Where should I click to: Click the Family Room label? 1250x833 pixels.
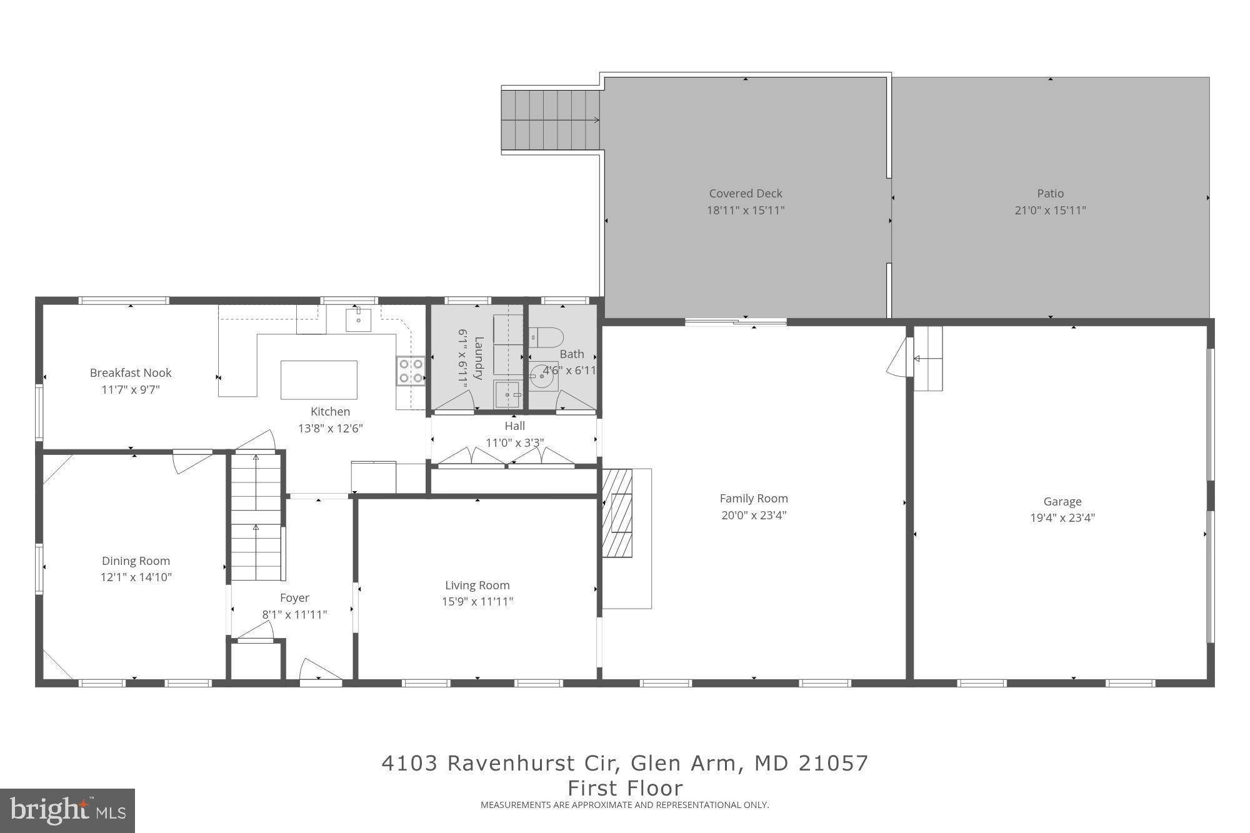tap(753, 499)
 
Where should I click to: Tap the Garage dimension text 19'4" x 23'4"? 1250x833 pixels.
tap(1062, 518)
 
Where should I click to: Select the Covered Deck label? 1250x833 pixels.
tap(745, 194)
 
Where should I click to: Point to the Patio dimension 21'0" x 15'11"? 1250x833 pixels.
tap(1050, 211)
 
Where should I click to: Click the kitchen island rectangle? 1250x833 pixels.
tap(319, 380)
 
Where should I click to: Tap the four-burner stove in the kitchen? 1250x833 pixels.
tap(411, 371)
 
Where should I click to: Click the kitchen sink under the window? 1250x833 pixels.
tap(358, 320)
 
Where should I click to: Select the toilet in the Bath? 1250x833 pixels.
tap(546, 337)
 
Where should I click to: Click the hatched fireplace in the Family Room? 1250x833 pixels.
tap(617, 513)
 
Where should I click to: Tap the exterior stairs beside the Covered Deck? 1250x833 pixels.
tap(551, 121)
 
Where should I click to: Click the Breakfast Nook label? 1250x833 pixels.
tap(130, 373)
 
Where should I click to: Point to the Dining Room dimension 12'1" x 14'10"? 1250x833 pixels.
tap(136, 577)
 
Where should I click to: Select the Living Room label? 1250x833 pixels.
tap(477, 586)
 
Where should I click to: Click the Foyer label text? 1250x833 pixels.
tap(294, 598)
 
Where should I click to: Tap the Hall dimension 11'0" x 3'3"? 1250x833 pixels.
tap(514, 442)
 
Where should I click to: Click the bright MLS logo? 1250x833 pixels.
tap(67, 811)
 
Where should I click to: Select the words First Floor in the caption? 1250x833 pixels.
tap(625, 787)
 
